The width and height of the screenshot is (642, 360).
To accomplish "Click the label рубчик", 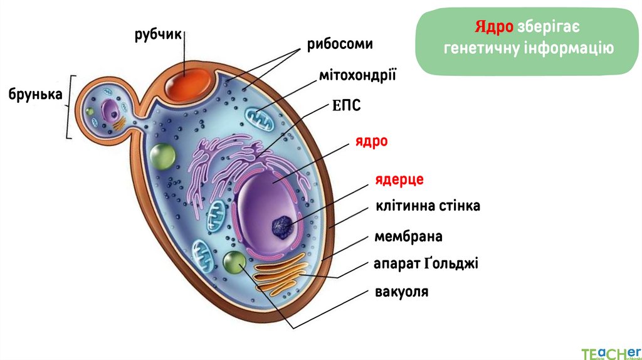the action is [157, 35].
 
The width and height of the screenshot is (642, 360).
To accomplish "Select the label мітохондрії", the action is [357, 76].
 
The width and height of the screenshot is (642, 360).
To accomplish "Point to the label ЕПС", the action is [346, 105].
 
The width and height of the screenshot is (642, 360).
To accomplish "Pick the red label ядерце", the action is [399, 179].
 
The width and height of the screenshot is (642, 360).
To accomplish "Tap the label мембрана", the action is [408, 236].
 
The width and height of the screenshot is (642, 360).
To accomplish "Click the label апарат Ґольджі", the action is [426, 263].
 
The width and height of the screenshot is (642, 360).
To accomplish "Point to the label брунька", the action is [35, 94].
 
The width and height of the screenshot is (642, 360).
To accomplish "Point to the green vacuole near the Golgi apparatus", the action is [235, 263].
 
